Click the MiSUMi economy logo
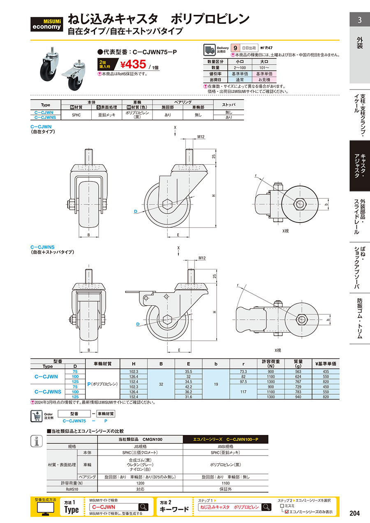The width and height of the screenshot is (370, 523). point(46,24)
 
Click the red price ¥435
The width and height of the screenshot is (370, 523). point(133,65)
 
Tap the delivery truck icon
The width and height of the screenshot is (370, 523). point(209,50)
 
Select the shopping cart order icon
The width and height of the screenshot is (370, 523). point(37,416)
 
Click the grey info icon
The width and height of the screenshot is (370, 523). point(37,441)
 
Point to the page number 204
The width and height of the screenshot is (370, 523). point(355,513)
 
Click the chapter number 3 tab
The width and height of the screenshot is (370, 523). point(359,20)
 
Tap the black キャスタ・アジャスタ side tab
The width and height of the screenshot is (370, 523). point(359,166)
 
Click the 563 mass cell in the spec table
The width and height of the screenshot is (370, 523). point(298,372)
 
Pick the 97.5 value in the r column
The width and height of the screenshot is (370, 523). point(243,382)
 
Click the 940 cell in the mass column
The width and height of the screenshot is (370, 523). point(298,397)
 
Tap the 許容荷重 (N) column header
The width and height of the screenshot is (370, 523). point(271,364)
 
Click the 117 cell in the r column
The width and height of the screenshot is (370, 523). point(243,392)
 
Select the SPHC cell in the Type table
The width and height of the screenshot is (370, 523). point(76,115)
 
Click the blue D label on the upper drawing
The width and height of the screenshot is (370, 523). point(135,212)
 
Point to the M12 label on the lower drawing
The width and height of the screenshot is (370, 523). point(202,258)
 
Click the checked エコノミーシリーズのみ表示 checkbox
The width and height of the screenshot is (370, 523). point(287,512)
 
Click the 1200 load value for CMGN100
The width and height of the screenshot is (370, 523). point(140,483)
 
